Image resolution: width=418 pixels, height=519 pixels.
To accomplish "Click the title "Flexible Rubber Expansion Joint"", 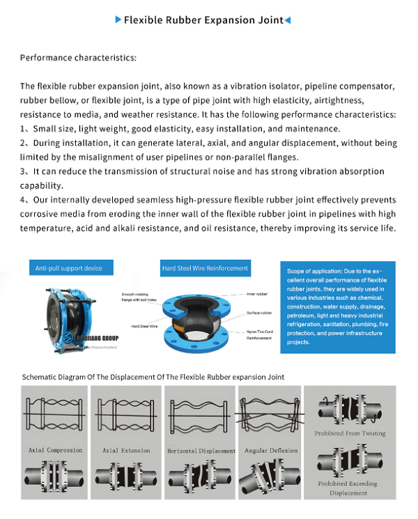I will pos(203,20).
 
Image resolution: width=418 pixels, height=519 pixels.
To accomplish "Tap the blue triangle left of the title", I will pos(118,20).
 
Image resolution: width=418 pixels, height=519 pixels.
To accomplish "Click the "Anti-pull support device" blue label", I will pos(68,268).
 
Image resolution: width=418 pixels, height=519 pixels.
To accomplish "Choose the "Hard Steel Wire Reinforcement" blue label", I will pos(205,268).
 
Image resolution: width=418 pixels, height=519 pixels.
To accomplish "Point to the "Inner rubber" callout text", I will pos(257,295).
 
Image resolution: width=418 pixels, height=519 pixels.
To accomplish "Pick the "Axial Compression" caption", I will pos(55,451).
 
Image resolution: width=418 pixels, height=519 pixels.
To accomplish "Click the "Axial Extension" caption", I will pos(126,451).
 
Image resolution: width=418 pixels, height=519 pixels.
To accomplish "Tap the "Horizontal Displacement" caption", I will pos(201,451).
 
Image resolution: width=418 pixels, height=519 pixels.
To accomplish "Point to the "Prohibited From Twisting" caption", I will pos(350,433).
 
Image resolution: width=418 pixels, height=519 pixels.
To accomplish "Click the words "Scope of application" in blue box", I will pos(313,271).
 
